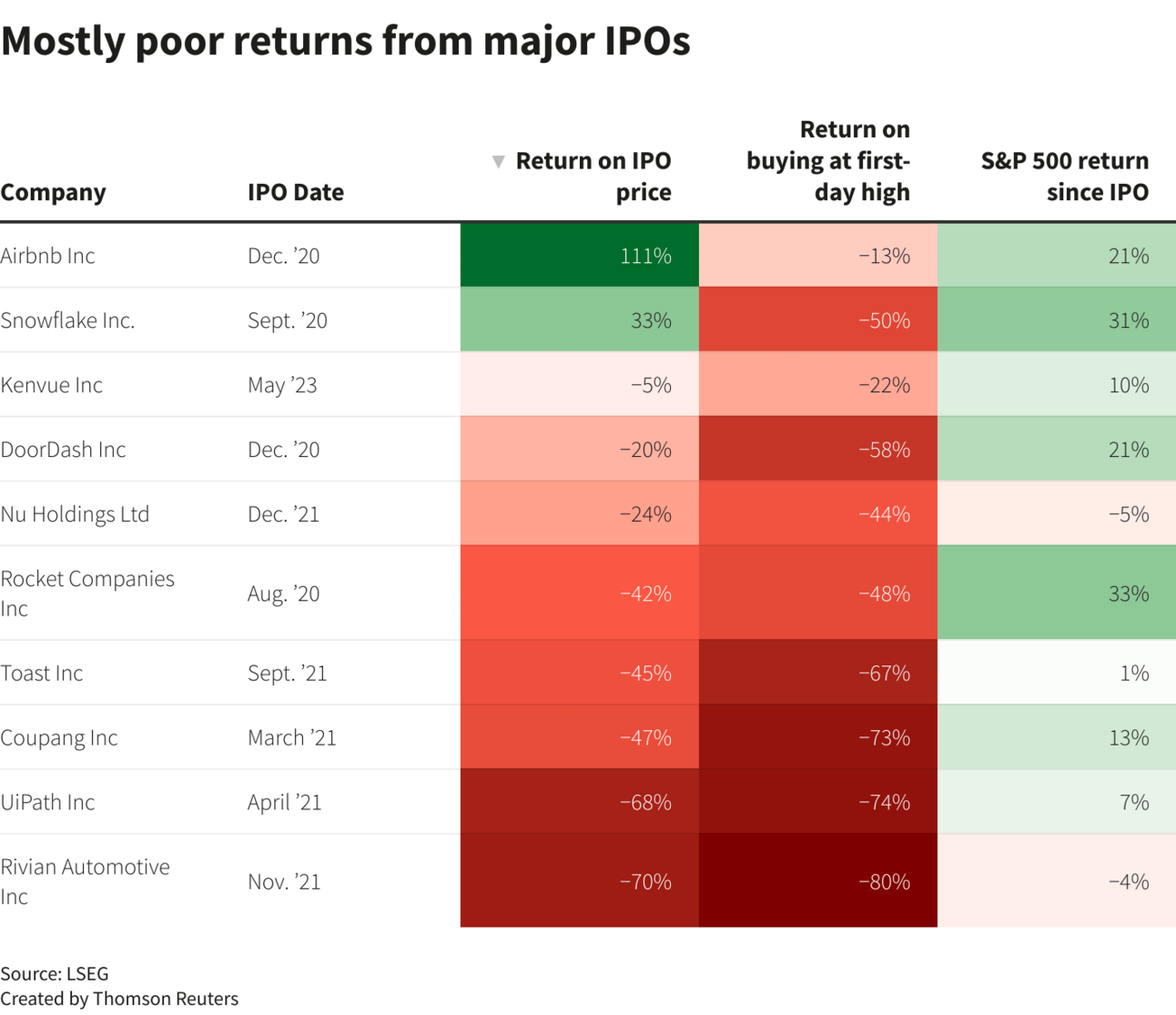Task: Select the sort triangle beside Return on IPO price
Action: [x=498, y=162]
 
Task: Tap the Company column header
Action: [x=54, y=192]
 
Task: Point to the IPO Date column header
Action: [x=296, y=192]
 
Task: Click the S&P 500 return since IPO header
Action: [x=1064, y=177]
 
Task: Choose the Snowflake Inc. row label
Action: [x=67, y=320]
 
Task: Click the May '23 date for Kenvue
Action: [x=282, y=385]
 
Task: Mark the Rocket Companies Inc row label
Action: [x=86, y=593]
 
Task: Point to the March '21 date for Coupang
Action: [x=291, y=737]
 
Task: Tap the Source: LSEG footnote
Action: [x=55, y=973]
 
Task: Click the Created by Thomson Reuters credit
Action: [x=119, y=999]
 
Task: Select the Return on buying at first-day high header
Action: [x=828, y=161]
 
